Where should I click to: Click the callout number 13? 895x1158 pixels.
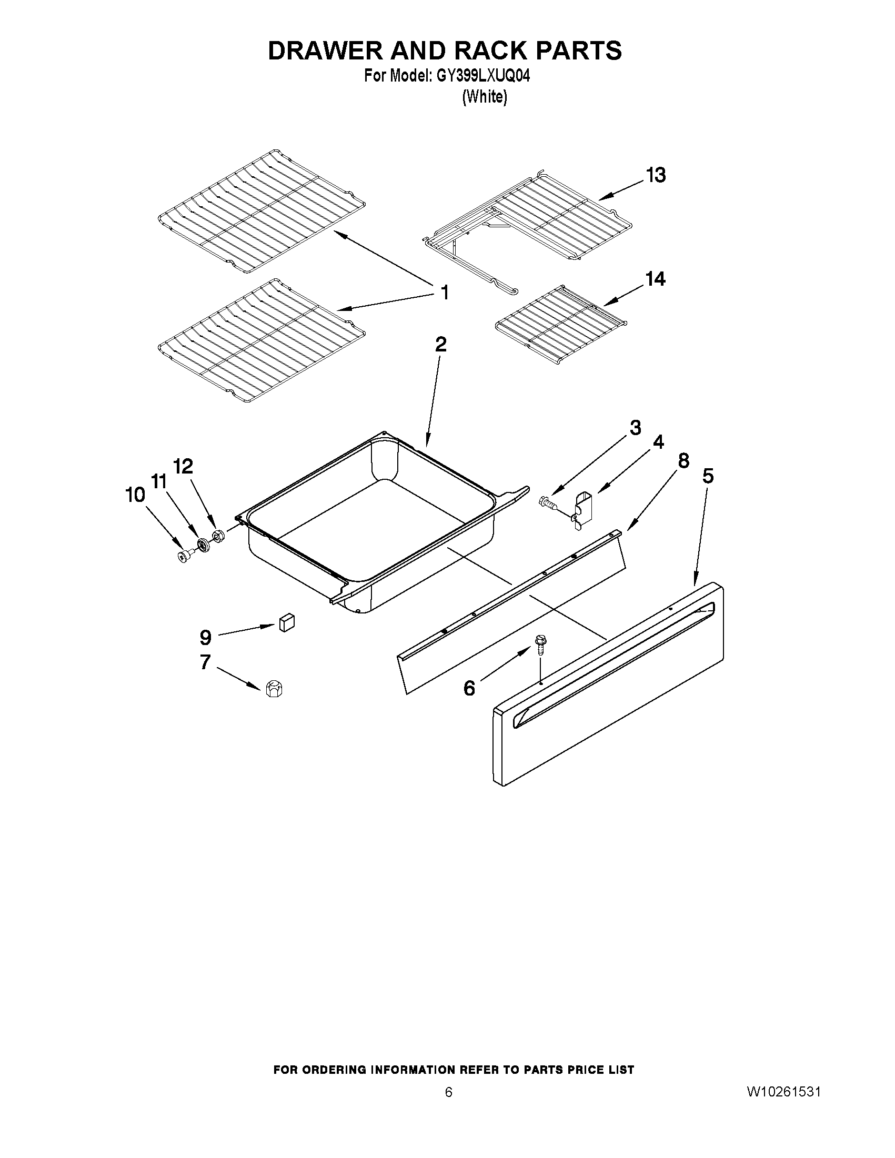click(x=656, y=175)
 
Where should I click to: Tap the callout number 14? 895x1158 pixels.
click(x=655, y=279)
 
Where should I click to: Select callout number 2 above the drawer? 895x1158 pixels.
click(x=440, y=345)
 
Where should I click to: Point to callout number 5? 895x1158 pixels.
click(x=708, y=476)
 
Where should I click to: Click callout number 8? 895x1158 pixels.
click(x=683, y=461)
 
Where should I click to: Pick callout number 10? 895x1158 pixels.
click(x=135, y=495)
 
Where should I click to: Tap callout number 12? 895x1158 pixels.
click(x=183, y=466)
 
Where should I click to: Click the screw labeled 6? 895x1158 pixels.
click(x=539, y=643)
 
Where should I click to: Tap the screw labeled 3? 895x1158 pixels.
click(x=547, y=501)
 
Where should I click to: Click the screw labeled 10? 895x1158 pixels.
click(x=184, y=556)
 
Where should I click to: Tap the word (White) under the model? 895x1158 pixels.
click(x=485, y=97)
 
